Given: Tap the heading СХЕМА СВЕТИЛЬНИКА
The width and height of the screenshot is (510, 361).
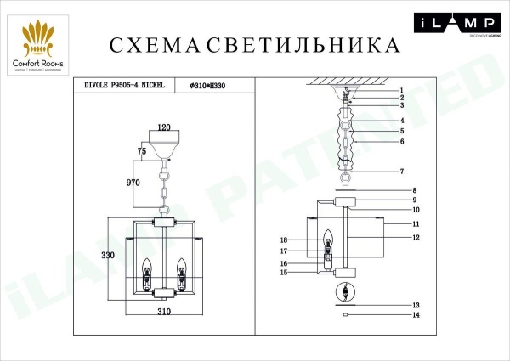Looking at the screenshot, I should [x=254, y=44].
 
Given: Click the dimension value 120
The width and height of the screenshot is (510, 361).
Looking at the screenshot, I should [x=165, y=127].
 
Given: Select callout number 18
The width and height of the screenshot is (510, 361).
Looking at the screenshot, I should [x=286, y=240].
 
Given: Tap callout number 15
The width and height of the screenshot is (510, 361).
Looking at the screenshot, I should [x=286, y=273].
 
